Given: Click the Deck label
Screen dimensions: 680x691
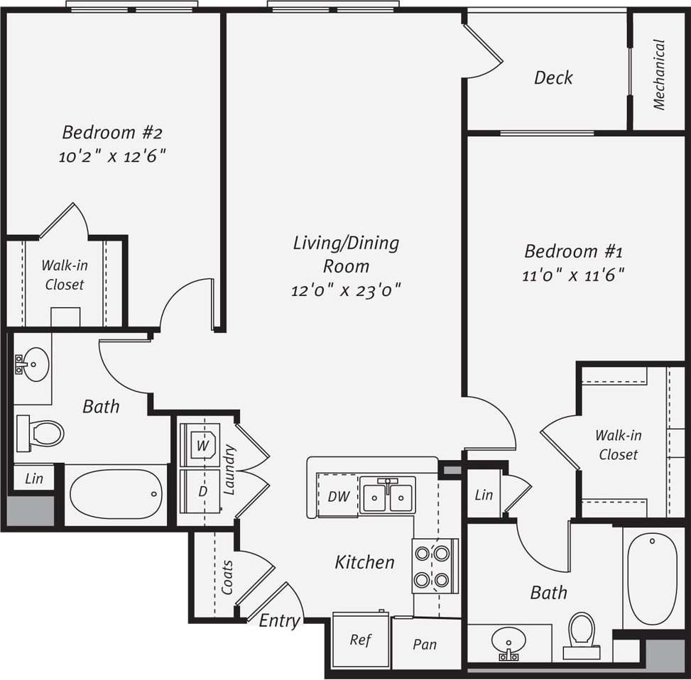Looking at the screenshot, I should click(553, 77).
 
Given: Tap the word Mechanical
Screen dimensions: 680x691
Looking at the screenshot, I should click(659, 75).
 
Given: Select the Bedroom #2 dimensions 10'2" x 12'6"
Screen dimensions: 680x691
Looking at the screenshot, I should click(112, 156).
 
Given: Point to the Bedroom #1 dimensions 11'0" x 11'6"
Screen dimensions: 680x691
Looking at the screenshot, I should click(573, 275).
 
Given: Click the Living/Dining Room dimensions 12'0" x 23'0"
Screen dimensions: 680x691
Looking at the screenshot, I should click(346, 290).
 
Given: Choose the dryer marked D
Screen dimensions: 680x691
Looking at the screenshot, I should click(202, 490).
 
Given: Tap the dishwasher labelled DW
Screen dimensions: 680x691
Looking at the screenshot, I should click(338, 496).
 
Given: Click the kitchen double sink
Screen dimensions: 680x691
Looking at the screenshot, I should click(387, 495).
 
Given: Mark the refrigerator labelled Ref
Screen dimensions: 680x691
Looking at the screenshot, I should click(361, 640).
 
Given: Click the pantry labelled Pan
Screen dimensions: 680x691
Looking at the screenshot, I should click(425, 645).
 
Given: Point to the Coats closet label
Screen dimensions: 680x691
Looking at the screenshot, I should click(227, 576).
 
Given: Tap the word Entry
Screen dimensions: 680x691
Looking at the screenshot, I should click(279, 620).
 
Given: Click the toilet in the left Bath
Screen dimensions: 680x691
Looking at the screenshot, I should click(42, 433).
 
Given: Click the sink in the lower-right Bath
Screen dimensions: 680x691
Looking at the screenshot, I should click(508, 642).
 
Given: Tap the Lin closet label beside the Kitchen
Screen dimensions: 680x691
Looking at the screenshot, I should click(484, 494).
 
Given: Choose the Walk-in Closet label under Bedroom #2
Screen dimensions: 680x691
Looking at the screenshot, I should click(64, 275).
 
